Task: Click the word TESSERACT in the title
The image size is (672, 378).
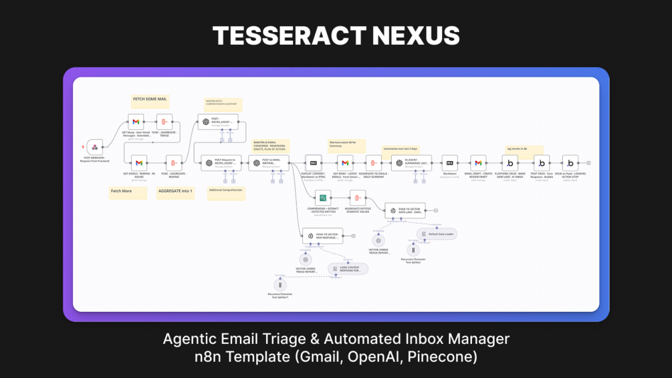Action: point(280,35)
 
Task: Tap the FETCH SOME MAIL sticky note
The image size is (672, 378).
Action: point(150,100)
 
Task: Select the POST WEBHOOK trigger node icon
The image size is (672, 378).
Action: point(94,147)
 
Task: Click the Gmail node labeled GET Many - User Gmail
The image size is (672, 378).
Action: point(136,122)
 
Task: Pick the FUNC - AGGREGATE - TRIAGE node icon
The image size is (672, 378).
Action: point(164,122)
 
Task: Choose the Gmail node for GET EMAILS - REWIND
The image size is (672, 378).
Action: point(139,163)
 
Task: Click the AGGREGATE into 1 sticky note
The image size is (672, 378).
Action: point(175,191)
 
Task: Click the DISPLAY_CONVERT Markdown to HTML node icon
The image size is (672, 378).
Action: point(314,163)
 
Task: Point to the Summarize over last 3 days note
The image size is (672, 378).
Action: point(401,149)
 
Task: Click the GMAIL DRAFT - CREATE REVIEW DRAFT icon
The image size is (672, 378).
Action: point(478,163)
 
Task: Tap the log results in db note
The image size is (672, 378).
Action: point(524,149)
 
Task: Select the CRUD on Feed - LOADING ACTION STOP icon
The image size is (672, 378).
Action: point(570,163)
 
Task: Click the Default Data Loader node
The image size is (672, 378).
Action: point(437,234)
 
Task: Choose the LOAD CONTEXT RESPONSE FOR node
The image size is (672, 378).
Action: point(347,269)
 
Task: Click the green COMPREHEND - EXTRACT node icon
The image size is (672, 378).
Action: point(323,198)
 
